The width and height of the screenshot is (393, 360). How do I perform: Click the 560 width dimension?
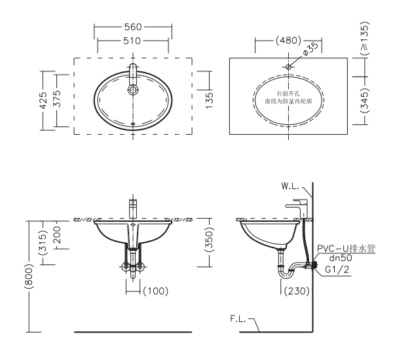pos(133,27)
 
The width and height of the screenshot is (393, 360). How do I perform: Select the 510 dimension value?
pos(132,41)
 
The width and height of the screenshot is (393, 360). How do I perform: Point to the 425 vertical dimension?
pos(43,100)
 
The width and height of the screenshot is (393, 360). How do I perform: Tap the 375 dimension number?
pos(58,98)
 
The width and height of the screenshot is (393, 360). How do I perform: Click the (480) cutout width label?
pos(288,41)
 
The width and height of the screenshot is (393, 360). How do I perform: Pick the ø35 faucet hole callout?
pos(310,48)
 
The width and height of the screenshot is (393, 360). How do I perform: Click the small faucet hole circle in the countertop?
pos(288,67)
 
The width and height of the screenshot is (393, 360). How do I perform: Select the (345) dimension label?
pos(365,99)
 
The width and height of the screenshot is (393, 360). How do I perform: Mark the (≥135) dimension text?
pos(365,39)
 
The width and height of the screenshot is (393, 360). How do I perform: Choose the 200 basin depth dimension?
pos(58,235)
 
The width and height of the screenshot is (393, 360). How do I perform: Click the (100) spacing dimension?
pos(156,291)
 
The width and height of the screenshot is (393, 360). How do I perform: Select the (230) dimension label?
pos(297,291)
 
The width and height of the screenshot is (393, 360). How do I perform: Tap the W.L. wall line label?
pos(290,187)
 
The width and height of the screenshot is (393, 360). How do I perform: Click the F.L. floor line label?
pos(238,319)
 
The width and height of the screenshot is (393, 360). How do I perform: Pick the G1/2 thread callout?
pos(337,270)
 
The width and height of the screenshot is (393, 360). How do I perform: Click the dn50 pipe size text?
pos(341,258)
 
